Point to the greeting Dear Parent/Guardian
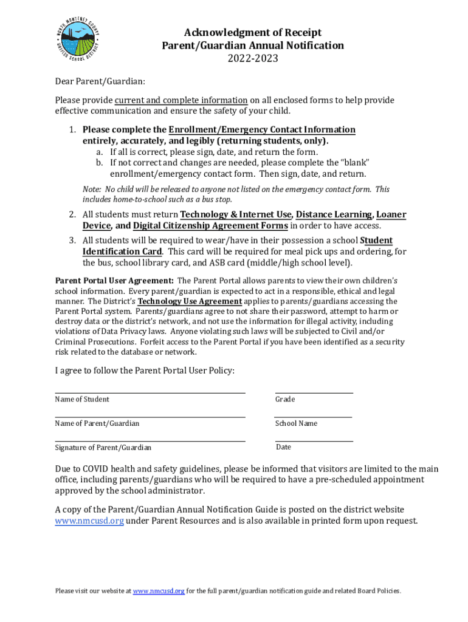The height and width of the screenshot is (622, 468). [100, 81]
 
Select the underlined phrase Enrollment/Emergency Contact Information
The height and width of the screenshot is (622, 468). [262, 129]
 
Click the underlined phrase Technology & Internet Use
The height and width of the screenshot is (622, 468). [236, 214]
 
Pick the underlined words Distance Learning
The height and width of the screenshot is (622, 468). [334, 214]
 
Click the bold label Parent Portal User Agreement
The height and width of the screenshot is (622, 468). [114, 281]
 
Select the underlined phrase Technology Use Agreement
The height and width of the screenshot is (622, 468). [190, 301]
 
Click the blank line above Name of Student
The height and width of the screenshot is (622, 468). [150, 392]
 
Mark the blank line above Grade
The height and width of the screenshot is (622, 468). [314, 392]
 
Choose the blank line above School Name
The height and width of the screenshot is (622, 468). [314, 417]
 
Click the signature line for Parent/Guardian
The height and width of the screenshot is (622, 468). [150, 441]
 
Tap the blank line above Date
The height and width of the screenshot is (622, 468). [314, 441]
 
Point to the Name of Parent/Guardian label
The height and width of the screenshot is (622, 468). [97, 423]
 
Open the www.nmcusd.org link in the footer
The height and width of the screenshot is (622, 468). [159, 591]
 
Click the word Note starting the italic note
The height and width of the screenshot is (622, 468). [91, 190]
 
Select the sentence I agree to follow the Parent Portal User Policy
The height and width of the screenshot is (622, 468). [145, 371]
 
